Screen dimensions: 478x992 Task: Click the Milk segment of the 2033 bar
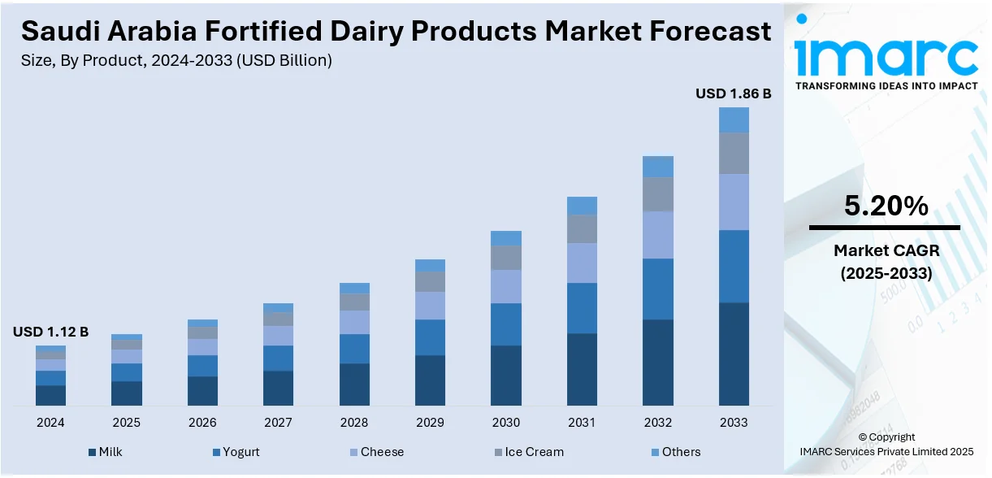click(734, 354)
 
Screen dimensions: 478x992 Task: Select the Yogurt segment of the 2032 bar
click(658, 289)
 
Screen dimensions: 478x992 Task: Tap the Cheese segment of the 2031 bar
click(582, 263)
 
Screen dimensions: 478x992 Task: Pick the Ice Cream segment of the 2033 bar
click(734, 153)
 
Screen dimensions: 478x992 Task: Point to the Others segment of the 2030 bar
click(506, 238)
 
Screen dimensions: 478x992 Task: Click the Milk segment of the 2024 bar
click(50, 395)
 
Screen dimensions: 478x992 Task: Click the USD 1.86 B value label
click(733, 94)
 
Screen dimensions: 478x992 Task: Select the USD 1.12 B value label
click(50, 332)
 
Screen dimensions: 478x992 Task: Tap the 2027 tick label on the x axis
click(278, 423)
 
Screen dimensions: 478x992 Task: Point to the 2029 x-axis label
click(430, 423)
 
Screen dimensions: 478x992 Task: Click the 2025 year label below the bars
click(126, 423)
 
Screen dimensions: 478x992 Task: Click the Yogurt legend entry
click(236, 452)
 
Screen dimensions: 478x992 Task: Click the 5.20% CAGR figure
click(886, 206)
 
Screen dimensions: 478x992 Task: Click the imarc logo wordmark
click(886, 55)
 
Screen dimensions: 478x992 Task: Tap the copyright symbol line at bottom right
click(886, 437)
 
